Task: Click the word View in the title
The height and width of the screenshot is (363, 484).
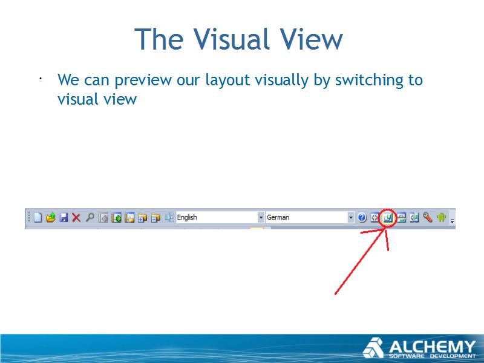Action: point(311,39)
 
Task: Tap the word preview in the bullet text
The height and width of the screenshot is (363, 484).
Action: point(143,81)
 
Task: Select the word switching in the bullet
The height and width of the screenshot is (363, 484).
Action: point(369,80)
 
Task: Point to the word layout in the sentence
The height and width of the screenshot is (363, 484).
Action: point(227,80)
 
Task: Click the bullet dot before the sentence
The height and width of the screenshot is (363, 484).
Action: point(41,79)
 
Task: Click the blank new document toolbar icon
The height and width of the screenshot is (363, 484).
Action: point(38,217)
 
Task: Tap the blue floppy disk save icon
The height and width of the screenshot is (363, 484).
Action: point(64,218)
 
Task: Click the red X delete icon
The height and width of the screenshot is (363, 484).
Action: point(76,218)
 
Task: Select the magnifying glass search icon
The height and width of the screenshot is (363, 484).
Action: point(90,217)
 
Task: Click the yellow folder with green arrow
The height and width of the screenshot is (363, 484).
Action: point(51,218)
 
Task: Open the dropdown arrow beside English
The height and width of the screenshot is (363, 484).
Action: point(261,218)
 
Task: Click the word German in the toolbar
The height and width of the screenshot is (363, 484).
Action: point(278,218)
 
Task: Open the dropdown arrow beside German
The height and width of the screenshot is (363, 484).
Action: point(351,218)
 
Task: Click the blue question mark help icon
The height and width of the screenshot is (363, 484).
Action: point(362,218)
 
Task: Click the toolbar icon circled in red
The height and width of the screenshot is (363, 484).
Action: point(387,218)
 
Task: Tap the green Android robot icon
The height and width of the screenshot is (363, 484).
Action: point(442,218)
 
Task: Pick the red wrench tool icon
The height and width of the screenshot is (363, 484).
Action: point(428,218)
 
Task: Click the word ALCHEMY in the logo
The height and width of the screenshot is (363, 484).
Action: point(432,346)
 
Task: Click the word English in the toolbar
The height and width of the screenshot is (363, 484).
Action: point(187,218)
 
